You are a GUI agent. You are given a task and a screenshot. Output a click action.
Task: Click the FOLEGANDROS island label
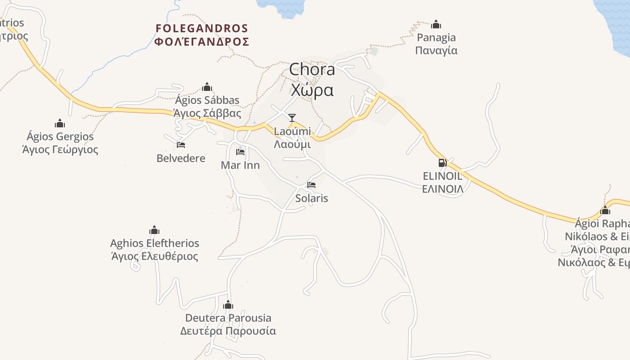pyautogui.click(x=202, y=28)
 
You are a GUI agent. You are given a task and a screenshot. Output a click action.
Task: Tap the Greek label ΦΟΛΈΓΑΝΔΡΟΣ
pyautogui.click(x=202, y=42)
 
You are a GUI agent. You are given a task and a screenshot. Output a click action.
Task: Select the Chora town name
pyautogui.click(x=312, y=69)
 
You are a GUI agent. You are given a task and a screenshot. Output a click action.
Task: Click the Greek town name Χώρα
pyautogui.click(x=312, y=90)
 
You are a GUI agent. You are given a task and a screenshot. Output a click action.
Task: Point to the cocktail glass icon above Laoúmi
pyautogui.click(x=292, y=118)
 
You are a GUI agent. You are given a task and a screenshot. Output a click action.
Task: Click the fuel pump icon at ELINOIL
pyautogui.click(x=442, y=163)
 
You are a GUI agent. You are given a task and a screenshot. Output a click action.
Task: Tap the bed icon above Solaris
pyautogui.click(x=311, y=184)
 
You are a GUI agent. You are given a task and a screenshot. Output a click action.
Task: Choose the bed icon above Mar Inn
pyautogui.click(x=240, y=152)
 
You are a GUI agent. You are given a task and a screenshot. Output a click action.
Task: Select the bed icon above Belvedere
pyautogui.click(x=181, y=145)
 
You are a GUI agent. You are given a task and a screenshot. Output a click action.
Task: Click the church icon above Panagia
pyautogui.click(x=436, y=24)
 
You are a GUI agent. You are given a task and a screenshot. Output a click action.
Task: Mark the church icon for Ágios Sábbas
pyautogui.click(x=207, y=87)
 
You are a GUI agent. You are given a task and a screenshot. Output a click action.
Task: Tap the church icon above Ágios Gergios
pyautogui.click(x=60, y=123)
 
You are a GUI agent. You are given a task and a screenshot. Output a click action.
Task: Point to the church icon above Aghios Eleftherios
pyautogui.click(x=154, y=230)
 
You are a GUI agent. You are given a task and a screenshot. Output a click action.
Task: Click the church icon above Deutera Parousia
pyautogui.click(x=228, y=305)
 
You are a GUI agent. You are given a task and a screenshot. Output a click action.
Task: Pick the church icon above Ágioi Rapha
pyautogui.click(x=605, y=210)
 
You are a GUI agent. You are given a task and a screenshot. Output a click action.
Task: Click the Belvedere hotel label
pyautogui.click(x=181, y=158)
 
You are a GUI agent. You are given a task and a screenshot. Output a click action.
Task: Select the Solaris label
pyautogui.click(x=311, y=198)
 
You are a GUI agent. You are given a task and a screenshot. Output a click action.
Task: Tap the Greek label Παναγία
pyautogui.click(x=436, y=50)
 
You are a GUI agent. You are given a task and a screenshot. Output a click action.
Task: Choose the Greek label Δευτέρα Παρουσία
pyautogui.click(x=228, y=331)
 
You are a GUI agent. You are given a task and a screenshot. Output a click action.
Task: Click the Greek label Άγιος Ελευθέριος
pyautogui.click(x=154, y=256)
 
